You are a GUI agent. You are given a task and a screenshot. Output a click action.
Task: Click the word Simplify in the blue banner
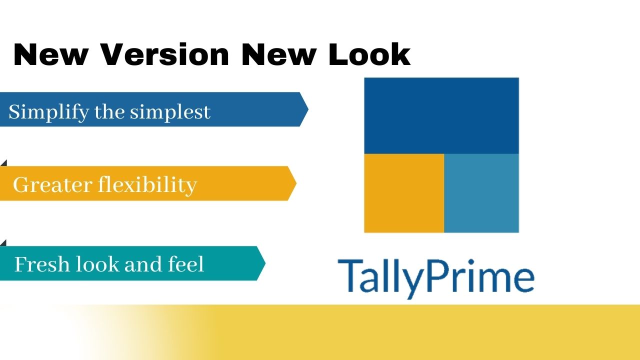tap(48, 111)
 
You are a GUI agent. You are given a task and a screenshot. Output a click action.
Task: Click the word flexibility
tap(147, 184)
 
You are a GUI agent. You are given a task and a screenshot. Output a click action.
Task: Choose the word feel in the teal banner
tap(186, 263)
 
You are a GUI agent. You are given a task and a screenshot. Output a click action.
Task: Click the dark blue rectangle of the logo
tap(441, 115)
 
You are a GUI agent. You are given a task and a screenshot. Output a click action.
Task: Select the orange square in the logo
tap(403, 193)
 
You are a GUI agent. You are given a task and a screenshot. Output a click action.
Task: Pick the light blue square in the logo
tap(481, 193)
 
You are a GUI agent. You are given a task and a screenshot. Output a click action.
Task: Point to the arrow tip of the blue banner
tap(306, 109)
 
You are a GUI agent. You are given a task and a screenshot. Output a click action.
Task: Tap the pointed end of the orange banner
tap(294, 183)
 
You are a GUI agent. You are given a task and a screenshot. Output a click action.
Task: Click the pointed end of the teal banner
tap(263, 263)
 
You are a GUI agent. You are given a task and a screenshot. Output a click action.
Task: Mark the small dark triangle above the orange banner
tap(4, 163)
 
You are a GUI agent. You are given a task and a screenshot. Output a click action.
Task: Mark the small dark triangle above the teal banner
tap(4, 243)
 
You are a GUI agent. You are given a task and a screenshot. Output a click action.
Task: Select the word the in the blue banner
tap(109, 111)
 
